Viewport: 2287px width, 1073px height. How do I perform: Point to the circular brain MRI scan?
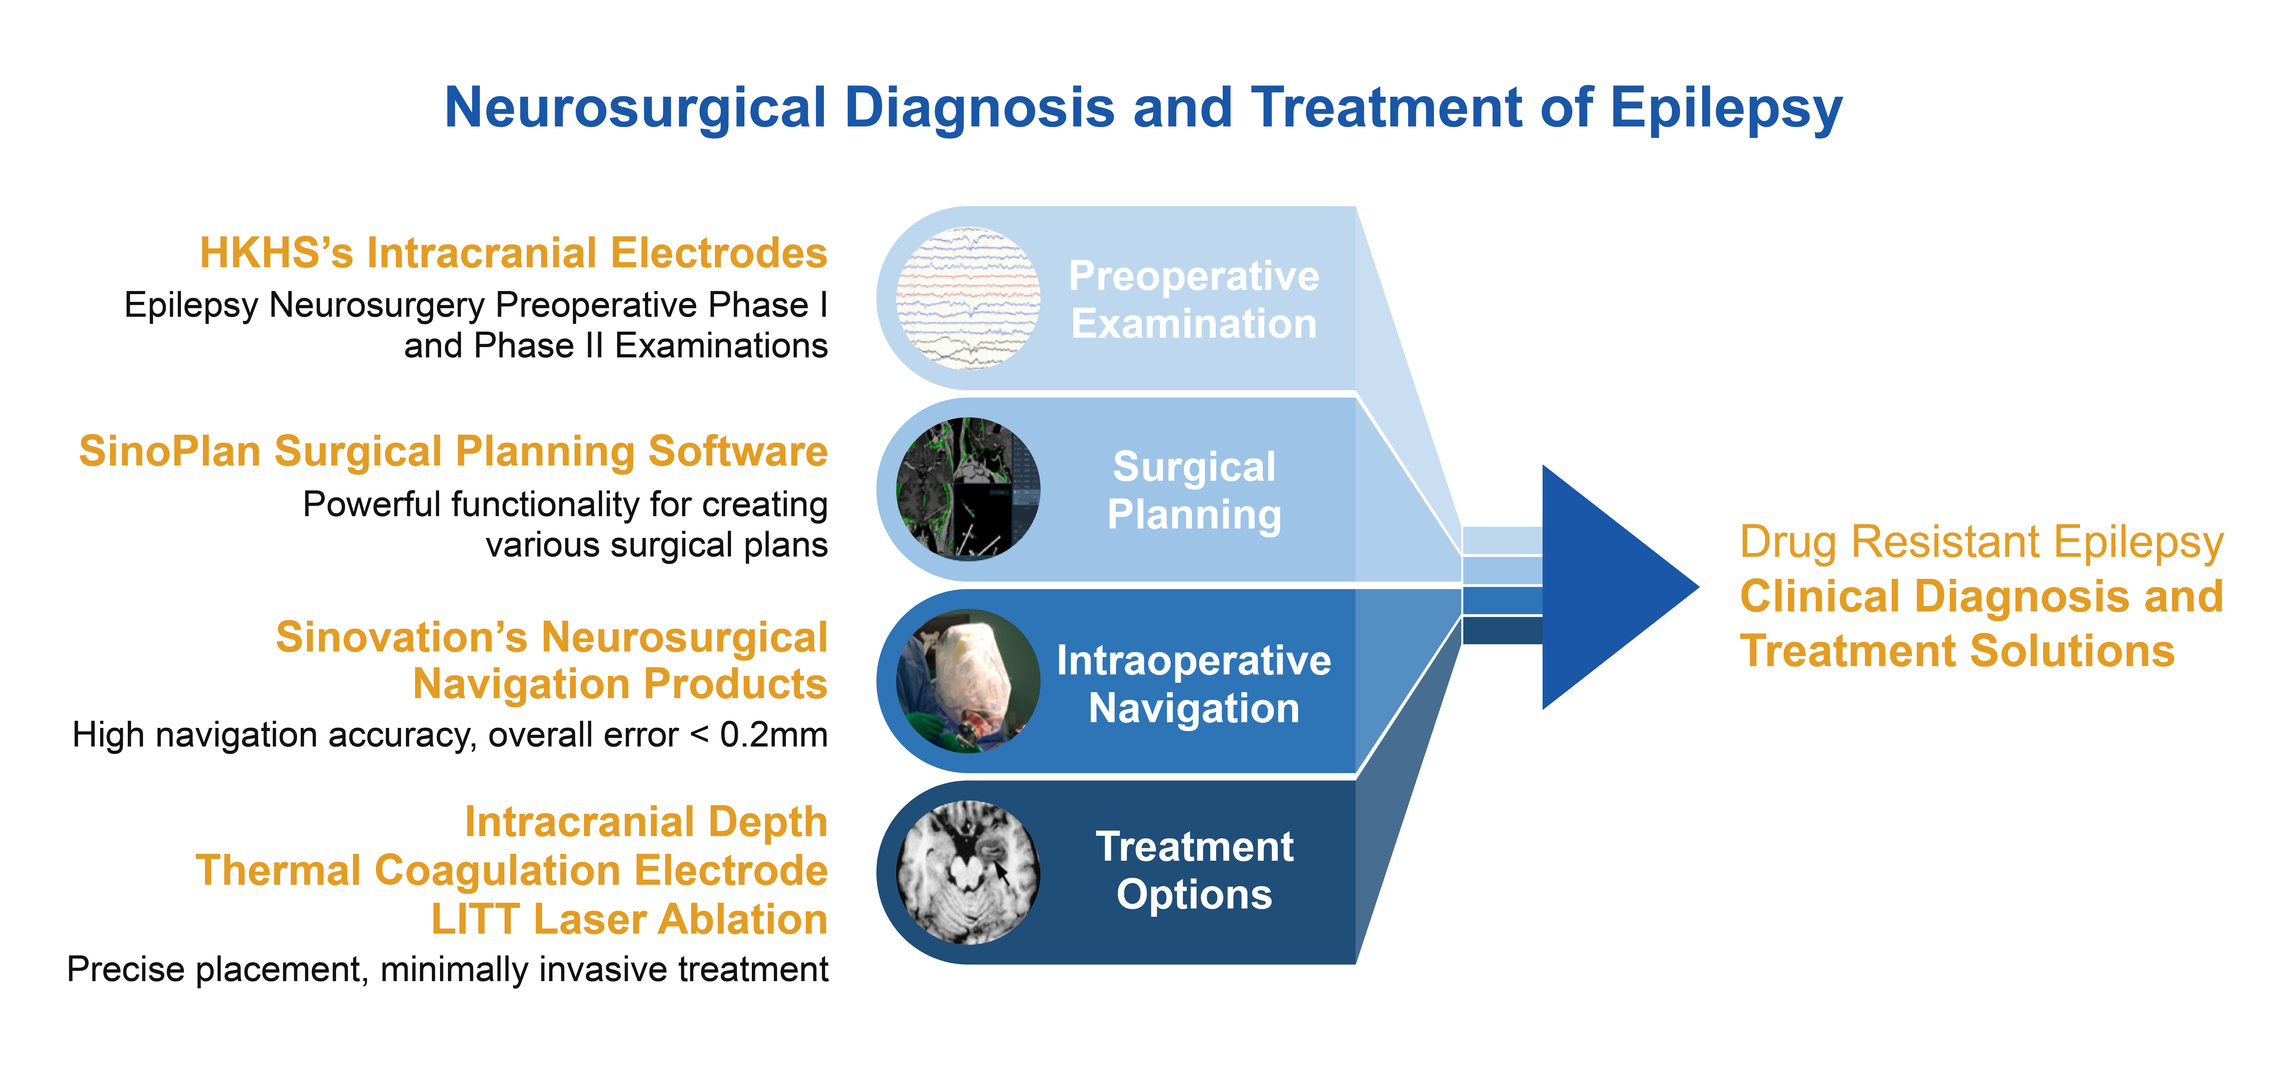[969, 872]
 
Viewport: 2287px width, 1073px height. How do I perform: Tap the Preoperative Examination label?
[1194, 299]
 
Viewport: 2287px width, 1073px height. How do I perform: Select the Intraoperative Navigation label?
[1194, 684]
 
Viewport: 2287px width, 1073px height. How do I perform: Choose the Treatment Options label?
[1194, 870]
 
